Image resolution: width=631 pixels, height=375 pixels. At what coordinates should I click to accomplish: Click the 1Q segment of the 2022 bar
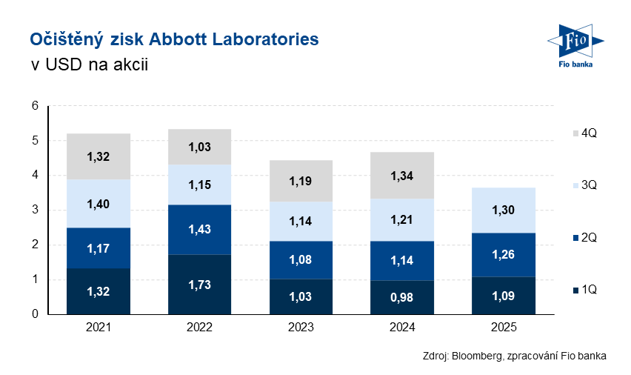(x=198, y=285)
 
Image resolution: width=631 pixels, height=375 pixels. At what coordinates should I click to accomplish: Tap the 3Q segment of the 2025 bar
(x=504, y=210)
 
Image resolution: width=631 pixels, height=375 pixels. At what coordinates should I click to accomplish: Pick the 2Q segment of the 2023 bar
(x=301, y=259)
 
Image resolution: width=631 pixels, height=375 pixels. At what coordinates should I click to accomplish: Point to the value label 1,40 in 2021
(x=99, y=204)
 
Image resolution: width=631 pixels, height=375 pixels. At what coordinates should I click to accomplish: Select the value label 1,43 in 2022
(x=198, y=230)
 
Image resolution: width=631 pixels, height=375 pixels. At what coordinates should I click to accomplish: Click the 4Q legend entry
(x=581, y=133)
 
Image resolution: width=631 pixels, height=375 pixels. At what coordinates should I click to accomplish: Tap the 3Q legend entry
(x=581, y=186)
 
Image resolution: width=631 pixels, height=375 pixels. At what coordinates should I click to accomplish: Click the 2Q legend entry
(x=581, y=238)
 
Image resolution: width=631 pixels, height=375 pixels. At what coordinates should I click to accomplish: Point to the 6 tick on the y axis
(x=35, y=106)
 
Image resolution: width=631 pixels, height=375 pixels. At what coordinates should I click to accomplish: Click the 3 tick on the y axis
(x=35, y=210)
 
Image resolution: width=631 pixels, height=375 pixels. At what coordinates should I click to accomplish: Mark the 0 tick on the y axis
(x=35, y=314)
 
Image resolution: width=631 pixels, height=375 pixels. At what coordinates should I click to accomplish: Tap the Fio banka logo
(x=575, y=46)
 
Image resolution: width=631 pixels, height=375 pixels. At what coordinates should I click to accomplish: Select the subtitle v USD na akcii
(x=90, y=64)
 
